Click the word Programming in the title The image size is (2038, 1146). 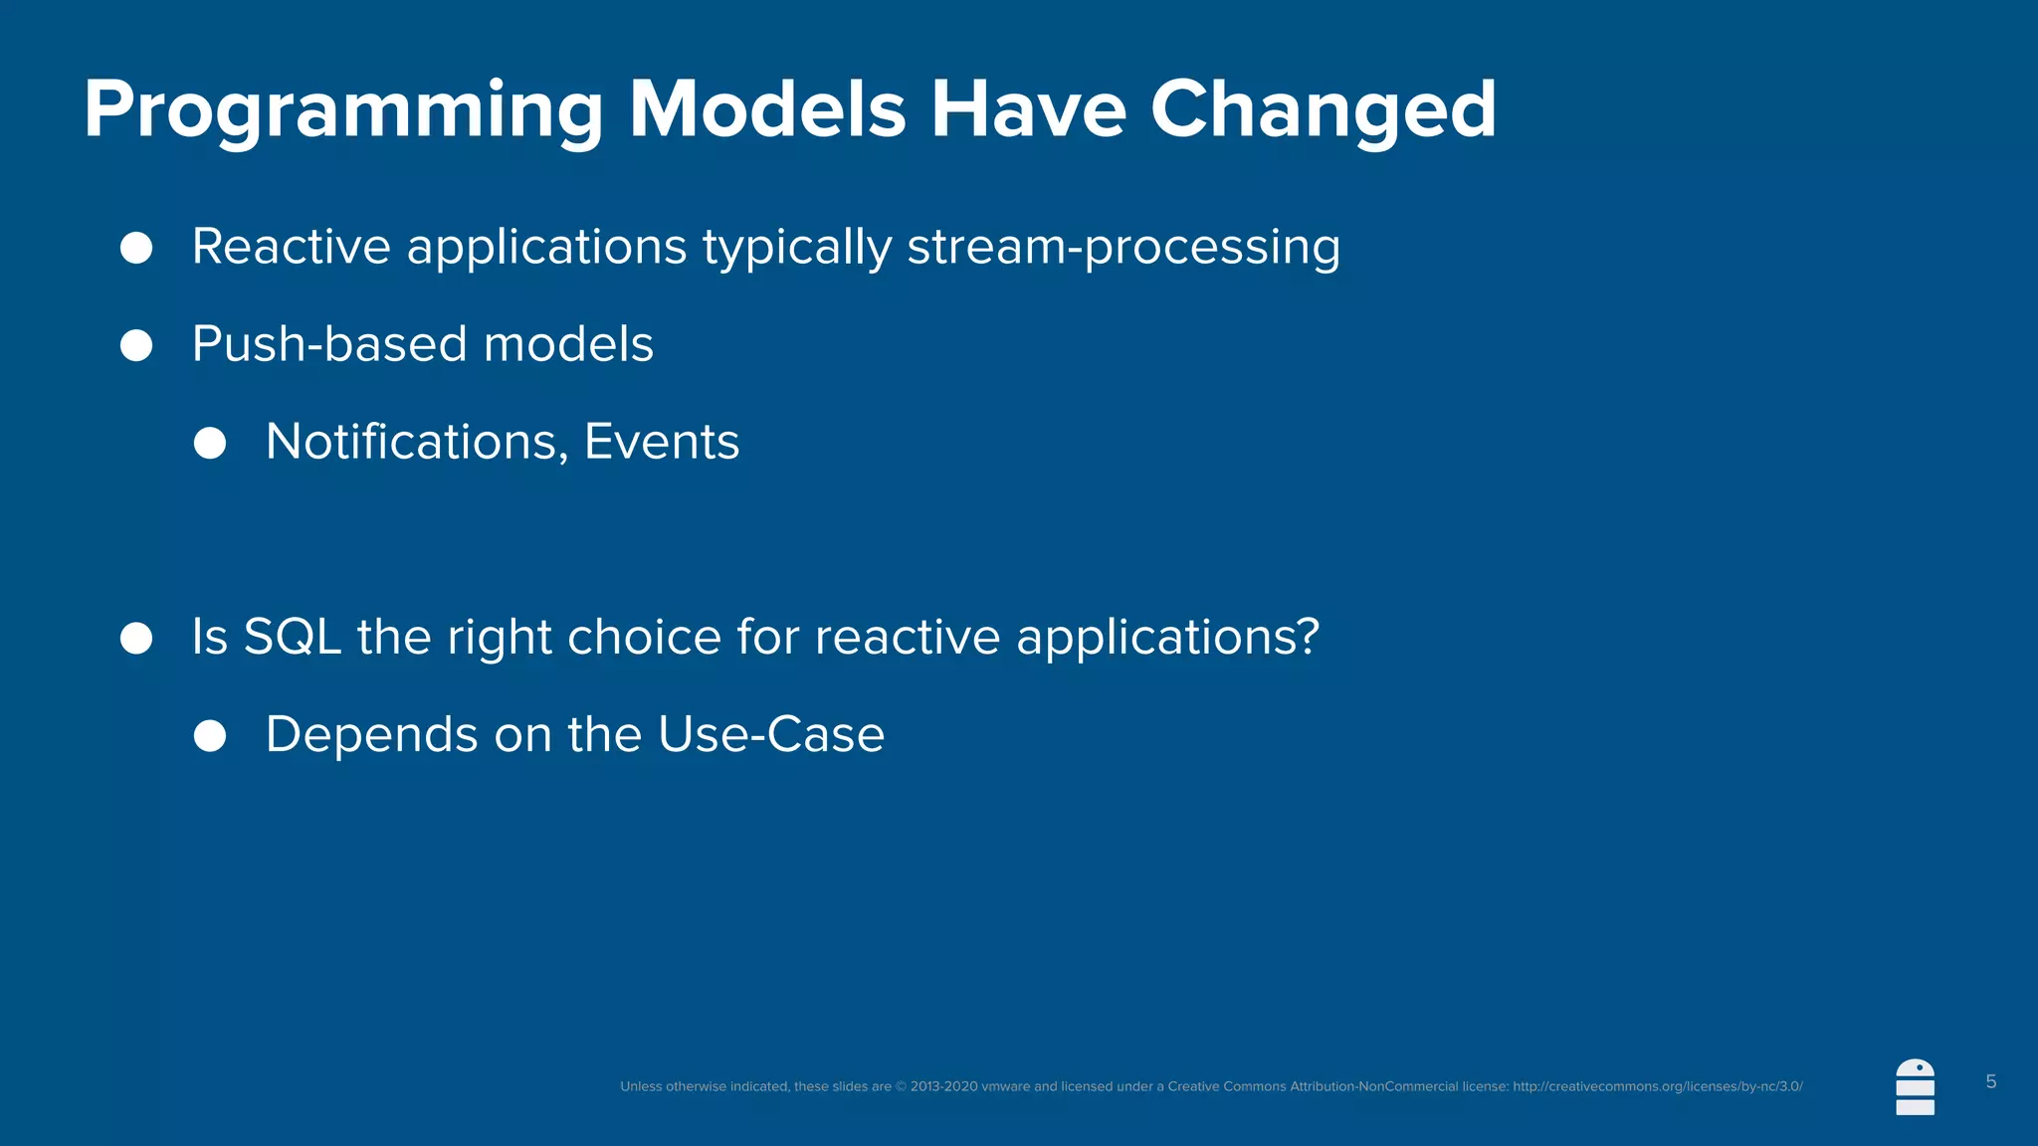pos(343,111)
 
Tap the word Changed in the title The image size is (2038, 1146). pos(1323,111)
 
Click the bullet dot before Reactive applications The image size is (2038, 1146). pos(136,248)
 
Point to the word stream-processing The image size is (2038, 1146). pos(1123,248)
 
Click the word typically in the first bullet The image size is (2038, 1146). pos(797,248)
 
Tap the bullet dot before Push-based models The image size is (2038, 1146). pos(136,345)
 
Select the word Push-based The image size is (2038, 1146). pos(329,345)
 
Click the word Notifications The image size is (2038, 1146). pos(417,443)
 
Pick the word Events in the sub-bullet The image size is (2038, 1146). pos(662,442)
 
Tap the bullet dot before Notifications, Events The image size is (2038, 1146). pos(210,443)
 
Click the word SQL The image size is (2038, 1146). pos(293,638)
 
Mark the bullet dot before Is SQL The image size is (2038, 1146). pos(136,638)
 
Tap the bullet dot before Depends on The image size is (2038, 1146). pos(210,736)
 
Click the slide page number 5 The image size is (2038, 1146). pos(1990,1082)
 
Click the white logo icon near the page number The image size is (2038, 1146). pos(1915,1087)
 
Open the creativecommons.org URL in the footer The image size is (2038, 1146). pos(1657,1086)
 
